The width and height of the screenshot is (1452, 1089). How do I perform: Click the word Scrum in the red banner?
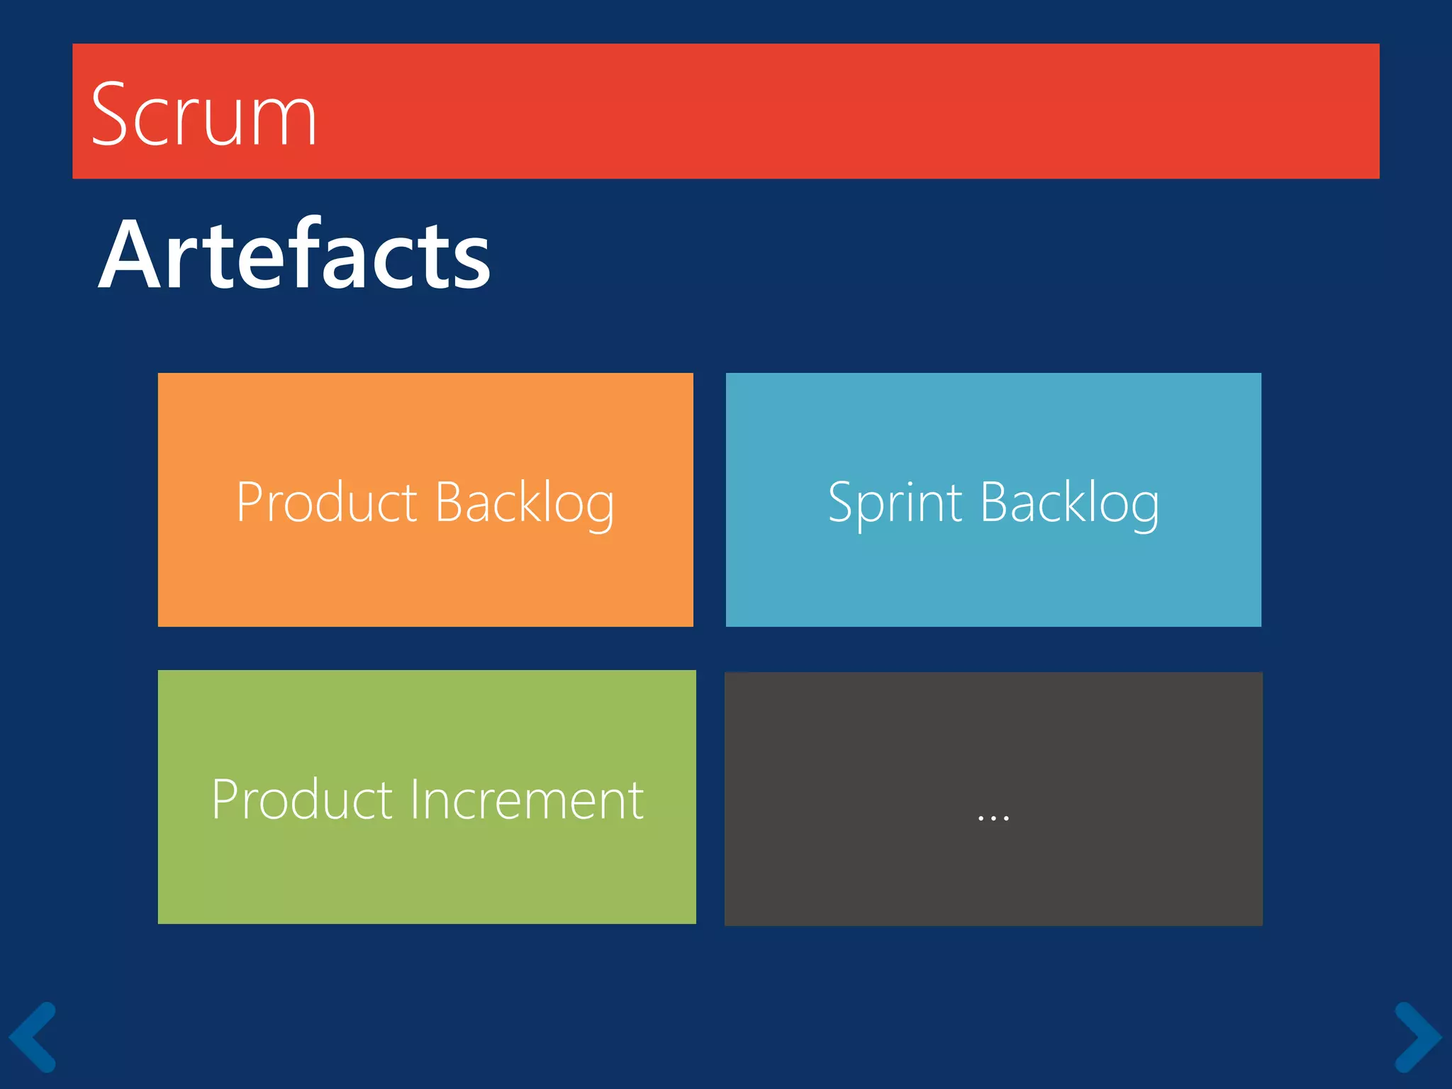[x=204, y=115]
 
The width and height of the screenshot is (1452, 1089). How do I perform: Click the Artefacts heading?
[x=294, y=255]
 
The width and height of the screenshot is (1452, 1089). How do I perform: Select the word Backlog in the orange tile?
[x=525, y=503]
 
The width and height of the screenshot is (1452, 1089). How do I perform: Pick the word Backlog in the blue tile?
[x=1070, y=503]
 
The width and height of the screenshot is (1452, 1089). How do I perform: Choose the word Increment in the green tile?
[x=527, y=800]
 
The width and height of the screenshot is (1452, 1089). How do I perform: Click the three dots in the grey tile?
[x=993, y=817]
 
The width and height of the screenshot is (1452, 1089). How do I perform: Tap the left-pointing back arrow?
[x=32, y=1037]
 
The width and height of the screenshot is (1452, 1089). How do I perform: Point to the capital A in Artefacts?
[x=128, y=255]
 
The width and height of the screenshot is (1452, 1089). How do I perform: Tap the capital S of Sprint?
[x=843, y=502]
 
